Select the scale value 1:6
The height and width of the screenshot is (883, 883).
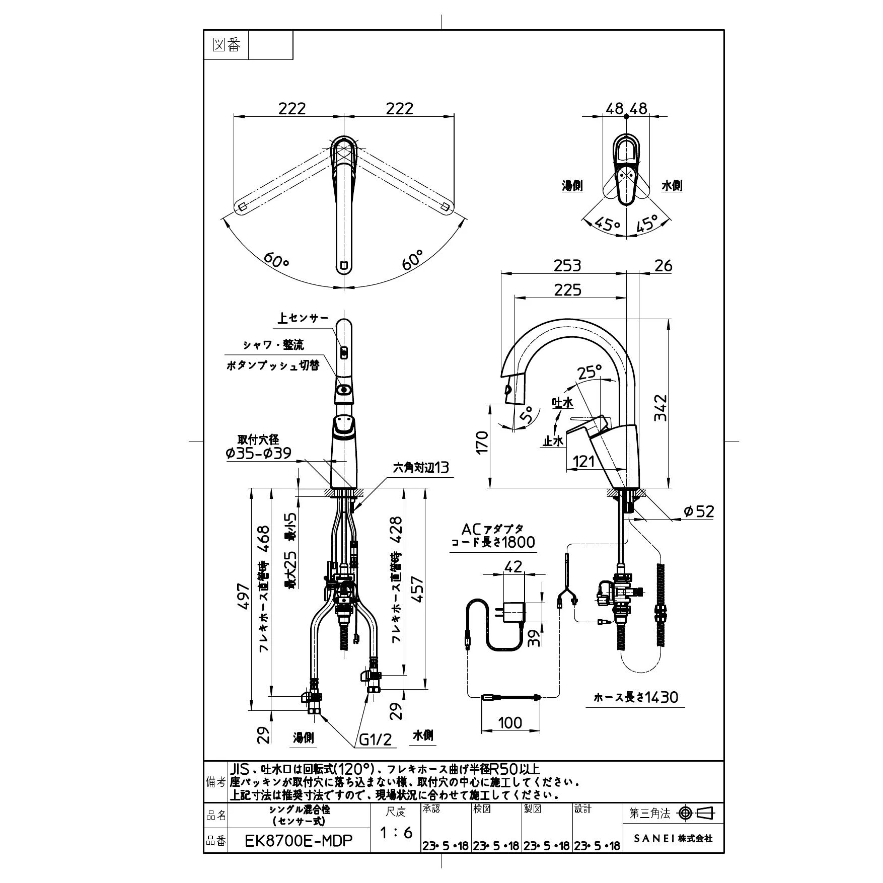click(396, 832)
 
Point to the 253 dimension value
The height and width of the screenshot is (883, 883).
click(567, 265)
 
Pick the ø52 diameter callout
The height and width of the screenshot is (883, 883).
click(698, 511)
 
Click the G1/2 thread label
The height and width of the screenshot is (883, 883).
click(376, 740)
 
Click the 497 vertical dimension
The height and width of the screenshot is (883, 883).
click(244, 597)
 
